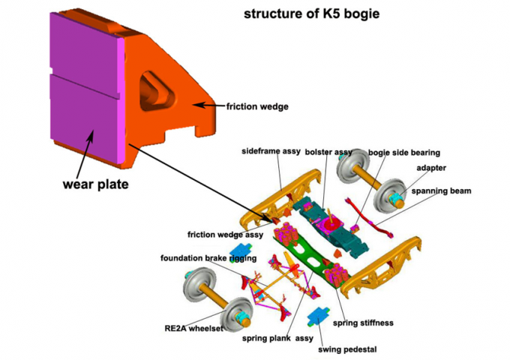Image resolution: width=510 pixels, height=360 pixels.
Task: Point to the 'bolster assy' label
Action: click(328, 152)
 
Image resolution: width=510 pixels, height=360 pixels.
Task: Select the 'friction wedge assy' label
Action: click(224, 233)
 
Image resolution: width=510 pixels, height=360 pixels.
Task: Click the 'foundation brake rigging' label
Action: click(208, 258)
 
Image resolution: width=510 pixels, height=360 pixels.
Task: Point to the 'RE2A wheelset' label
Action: click(194, 328)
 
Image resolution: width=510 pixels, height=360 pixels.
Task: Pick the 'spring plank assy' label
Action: click(277, 337)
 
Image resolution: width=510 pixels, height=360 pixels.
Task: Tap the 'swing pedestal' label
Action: click(347, 349)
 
